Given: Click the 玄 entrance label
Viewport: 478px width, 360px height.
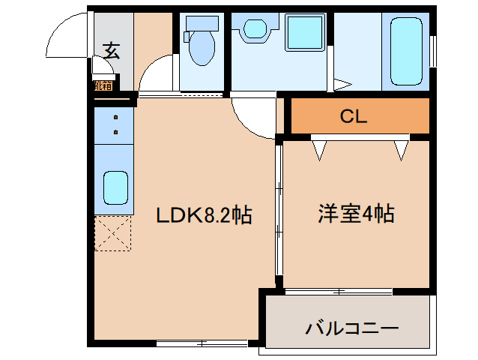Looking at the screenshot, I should coord(111,51).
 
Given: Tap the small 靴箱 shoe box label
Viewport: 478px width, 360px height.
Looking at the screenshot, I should coord(103,85).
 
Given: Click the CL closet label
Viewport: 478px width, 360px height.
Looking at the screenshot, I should coord(353,116).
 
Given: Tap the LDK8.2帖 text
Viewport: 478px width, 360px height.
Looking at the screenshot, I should coord(203,216).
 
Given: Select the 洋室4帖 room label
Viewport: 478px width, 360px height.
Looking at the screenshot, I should coord(357,214).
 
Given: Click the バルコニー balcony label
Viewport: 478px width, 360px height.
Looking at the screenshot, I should coord(351,328).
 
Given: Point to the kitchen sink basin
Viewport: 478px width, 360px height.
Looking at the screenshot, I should coord(114,187).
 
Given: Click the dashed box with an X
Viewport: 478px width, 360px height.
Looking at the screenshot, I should coord(113,233).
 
